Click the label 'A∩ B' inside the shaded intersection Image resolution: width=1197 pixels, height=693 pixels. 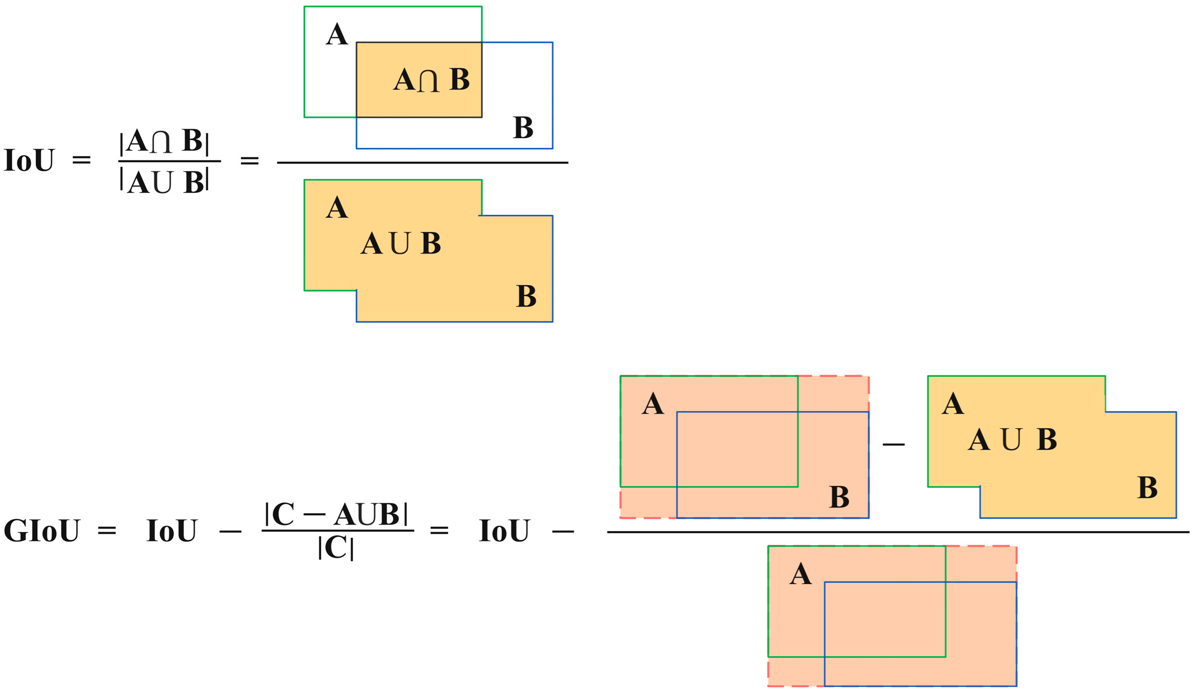[x=431, y=80]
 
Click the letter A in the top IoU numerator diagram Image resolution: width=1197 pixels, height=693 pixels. [x=337, y=35]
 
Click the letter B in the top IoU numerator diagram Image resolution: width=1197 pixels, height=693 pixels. [x=523, y=128]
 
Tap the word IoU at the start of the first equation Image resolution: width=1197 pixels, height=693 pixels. [x=29, y=161]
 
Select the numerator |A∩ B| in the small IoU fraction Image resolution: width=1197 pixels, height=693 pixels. [x=164, y=141]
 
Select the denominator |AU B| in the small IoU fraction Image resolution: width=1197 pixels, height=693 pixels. [x=164, y=182]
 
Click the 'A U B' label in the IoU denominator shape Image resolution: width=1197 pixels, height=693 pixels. [x=401, y=244]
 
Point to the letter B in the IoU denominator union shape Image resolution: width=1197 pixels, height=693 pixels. [x=526, y=297]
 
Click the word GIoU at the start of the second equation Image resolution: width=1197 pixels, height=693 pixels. [x=41, y=531]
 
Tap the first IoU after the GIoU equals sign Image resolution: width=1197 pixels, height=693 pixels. [x=171, y=531]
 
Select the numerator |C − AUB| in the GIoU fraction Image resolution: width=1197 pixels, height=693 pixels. [x=336, y=514]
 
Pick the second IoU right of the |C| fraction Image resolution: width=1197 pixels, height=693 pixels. [x=504, y=531]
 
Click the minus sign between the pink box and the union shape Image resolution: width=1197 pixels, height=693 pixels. [x=893, y=444]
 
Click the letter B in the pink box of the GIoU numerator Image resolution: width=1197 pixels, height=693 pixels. [x=839, y=497]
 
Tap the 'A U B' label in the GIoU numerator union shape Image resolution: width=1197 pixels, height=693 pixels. [x=1012, y=439]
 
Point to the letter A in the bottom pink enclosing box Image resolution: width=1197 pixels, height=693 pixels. [x=801, y=574]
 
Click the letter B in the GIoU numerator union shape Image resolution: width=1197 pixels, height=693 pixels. [x=1148, y=488]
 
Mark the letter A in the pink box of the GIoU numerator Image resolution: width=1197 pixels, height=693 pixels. [x=652, y=404]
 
